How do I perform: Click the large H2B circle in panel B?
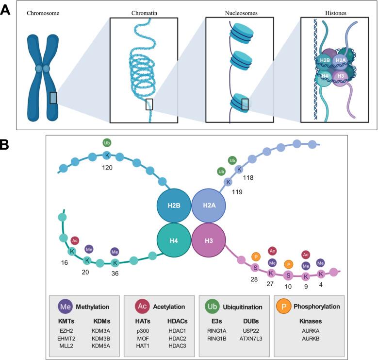click(174, 206)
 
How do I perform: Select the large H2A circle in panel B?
click(209, 206)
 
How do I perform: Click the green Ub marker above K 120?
click(107, 143)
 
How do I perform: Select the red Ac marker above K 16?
click(75, 240)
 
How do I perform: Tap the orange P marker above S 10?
click(288, 264)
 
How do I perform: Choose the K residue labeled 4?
click(321, 274)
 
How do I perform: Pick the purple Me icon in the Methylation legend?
click(65, 307)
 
